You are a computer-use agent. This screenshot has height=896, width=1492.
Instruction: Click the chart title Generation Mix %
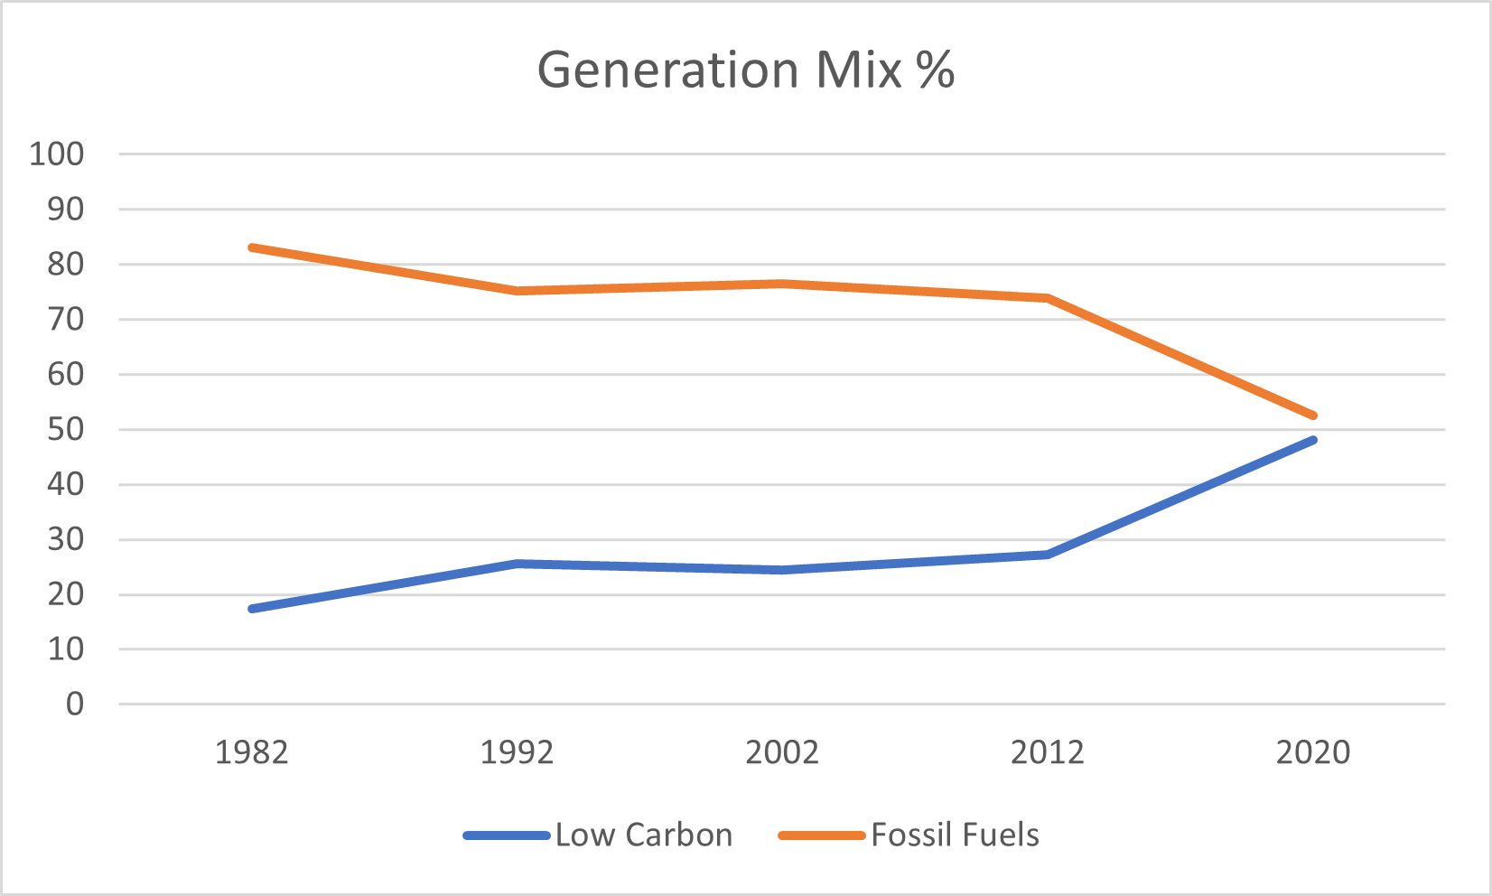[745, 70]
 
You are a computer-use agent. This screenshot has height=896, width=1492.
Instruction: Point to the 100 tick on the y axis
[56, 154]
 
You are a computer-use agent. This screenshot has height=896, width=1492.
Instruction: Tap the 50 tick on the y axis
[65, 429]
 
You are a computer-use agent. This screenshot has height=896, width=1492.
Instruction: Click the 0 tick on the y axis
[74, 704]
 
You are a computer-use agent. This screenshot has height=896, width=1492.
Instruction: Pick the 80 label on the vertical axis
[65, 264]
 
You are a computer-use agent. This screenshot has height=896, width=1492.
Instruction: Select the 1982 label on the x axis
[251, 751]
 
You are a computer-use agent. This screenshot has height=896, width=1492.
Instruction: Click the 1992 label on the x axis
[517, 751]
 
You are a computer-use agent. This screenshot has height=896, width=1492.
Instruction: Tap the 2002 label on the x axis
[782, 751]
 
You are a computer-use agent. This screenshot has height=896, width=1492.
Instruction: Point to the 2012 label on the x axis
[1048, 751]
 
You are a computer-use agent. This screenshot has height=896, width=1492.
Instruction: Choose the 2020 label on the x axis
[1313, 751]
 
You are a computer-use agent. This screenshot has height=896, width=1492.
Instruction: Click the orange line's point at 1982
[252, 247]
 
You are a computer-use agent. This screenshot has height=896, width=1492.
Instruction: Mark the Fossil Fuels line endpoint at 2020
[1313, 415]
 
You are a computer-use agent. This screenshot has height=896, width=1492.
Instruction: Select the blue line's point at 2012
[1048, 554]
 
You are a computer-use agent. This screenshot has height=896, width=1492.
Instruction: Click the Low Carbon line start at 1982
[252, 609]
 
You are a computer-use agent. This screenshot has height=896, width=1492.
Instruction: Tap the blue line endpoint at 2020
[1313, 440]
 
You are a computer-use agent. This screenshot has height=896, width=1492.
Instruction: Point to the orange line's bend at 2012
[1048, 298]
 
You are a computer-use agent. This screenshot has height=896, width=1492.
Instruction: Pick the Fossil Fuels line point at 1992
[517, 291]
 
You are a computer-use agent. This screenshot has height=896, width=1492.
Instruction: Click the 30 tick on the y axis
[65, 539]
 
